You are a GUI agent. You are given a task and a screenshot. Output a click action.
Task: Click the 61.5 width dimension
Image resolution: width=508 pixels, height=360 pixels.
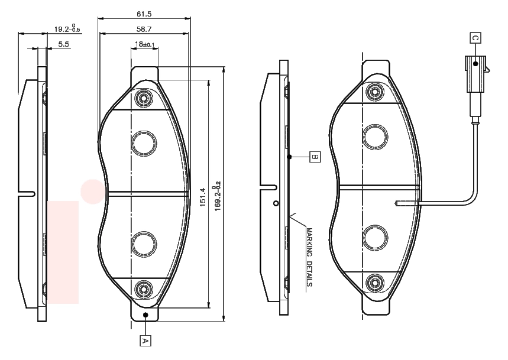[x=144, y=14]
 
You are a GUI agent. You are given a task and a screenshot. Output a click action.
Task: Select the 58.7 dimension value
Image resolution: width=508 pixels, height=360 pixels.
[x=144, y=29]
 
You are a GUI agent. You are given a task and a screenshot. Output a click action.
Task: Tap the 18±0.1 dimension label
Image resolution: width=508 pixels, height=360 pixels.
[x=144, y=44]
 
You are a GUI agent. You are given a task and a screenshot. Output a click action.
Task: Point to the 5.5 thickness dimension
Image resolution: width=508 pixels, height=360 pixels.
[x=64, y=44]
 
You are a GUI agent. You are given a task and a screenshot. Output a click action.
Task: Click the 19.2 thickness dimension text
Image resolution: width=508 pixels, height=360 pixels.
[x=67, y=28]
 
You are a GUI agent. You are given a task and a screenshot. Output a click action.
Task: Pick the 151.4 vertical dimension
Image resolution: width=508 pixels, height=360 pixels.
[x=202, y=197]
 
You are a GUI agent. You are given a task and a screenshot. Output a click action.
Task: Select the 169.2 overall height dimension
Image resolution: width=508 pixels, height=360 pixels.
[x=217, y=196]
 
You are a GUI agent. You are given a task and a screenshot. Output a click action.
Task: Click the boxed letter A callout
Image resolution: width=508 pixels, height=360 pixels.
[x=145, y=340]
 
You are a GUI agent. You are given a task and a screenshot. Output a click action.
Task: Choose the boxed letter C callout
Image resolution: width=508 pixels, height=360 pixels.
[x=475, y=38]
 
